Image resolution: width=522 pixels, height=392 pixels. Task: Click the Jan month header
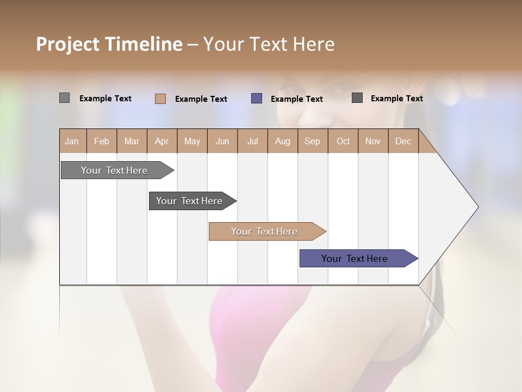(72, 142)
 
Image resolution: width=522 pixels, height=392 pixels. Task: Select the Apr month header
(161, 142)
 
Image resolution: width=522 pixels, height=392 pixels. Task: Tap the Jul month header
(252, 142)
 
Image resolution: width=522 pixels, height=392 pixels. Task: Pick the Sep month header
(312, 142)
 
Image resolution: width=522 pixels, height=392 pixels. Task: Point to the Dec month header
(403, 142)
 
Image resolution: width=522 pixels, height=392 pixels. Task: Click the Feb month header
(102, 142)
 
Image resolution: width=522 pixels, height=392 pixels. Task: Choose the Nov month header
(372, 142)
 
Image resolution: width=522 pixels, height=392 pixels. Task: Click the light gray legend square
(65, 98)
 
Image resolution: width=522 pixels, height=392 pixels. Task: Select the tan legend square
(160, 99)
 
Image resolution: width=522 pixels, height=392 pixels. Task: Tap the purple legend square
(257, 99)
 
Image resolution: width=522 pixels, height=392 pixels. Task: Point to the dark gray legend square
(357, 98)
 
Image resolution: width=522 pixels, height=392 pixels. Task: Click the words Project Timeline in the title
(109, 44)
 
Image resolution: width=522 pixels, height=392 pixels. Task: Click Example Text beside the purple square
(297, 99)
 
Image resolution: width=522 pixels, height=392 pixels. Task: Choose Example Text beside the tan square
(201, 99)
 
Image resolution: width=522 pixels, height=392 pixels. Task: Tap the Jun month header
(222, 142)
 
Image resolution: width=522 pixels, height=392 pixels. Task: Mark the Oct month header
(343, 142)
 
